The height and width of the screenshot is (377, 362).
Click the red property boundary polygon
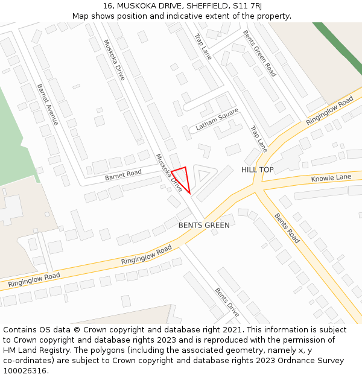point(182,177)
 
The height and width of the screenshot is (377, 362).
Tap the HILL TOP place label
point(258,170)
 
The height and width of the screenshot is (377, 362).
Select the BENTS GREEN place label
point(204,226)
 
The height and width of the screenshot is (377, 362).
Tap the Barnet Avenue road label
point(48,104)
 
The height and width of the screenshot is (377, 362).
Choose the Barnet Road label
point(123,175)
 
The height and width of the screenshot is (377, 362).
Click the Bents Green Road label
point(259,54)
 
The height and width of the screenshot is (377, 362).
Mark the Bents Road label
point(287,228)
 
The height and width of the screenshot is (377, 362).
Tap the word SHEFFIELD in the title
point(203,6)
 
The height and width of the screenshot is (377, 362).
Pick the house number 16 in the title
point(107,6)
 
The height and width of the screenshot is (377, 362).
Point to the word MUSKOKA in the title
point(135,6)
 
